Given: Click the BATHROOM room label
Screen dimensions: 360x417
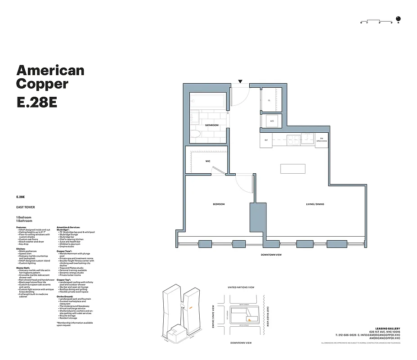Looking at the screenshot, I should (x=211, y=125).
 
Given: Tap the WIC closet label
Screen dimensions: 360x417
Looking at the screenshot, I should (x=208, y=161).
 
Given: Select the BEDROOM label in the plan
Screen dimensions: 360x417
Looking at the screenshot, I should (x=219, y=204).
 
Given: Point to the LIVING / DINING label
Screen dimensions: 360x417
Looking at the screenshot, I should (x=315, y=204).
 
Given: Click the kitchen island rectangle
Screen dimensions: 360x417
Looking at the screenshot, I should (x=293, y=168).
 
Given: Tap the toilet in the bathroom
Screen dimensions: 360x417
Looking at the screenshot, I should (x=197, y=133).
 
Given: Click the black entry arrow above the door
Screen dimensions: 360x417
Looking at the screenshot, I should (x=241, y=81).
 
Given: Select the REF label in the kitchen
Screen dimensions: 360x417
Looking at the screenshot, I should (x=266, y=140).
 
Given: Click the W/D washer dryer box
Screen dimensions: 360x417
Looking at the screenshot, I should (x=272, y=121).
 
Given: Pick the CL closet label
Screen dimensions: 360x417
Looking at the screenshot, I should (x=269, y=100).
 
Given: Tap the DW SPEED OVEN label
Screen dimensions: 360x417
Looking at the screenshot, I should (x=321, y=139).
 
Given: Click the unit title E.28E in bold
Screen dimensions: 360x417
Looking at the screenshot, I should (x=36, y=102).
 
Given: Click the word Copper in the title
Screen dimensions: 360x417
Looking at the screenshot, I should (x=42, y=84).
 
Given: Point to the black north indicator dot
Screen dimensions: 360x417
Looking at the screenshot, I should (x=403, y=19).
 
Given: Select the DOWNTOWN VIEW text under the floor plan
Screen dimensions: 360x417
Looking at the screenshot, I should (x=271, y=255).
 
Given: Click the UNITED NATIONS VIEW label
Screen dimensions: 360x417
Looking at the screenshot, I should (x=241, y=287).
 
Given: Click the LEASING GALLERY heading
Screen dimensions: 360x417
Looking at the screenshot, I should (x=387, y=328).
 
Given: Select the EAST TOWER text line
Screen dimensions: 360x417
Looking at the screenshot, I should (x=25, y=207).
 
